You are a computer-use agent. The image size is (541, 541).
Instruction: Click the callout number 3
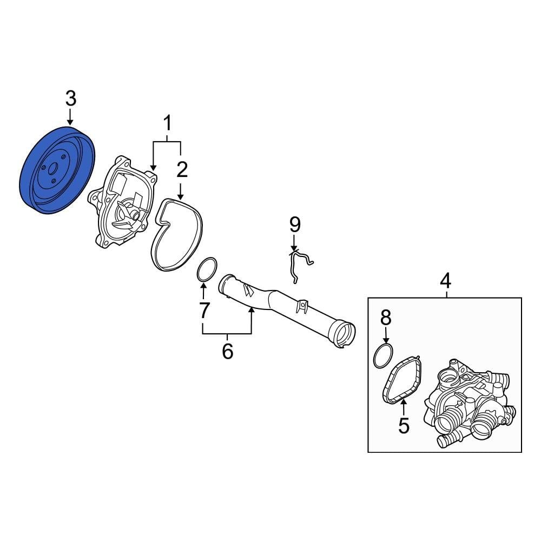click(71, 98)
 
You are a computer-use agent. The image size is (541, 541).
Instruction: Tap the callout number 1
click(167, 124)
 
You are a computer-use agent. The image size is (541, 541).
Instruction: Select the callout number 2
click(182, 170)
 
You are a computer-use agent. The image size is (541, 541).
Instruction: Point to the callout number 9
click(294, 223)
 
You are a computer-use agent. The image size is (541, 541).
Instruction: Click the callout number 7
click(204, 310)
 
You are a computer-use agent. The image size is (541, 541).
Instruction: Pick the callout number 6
click(227, 351)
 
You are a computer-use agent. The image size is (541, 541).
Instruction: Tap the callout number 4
click(445, 281)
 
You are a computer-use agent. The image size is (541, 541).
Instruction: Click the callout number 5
click(404, 425)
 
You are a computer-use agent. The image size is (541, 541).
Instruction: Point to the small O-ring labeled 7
click(206, 270)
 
